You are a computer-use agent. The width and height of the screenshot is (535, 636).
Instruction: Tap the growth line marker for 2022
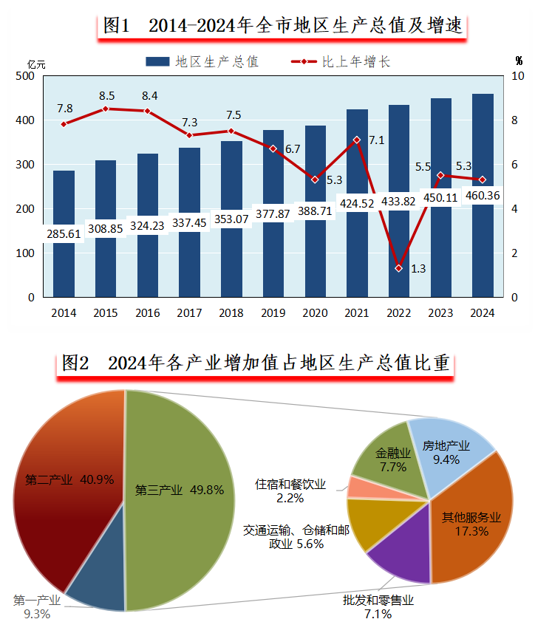tap(398, 268)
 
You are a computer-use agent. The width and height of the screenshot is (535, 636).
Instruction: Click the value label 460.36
tap(483, 196)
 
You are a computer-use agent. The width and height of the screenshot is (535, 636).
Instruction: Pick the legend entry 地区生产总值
tap(202, 62)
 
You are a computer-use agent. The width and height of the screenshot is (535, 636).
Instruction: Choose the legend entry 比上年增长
tap(340, 62)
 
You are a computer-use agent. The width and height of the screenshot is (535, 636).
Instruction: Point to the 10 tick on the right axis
tap(518, 76)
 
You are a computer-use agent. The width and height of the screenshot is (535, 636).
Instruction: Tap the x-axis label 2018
tap(232, 313)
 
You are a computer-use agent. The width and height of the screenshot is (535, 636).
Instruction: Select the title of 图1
tap(283, 26)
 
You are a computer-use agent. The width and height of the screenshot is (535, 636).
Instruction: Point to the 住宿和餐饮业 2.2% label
tap(290, 491)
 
